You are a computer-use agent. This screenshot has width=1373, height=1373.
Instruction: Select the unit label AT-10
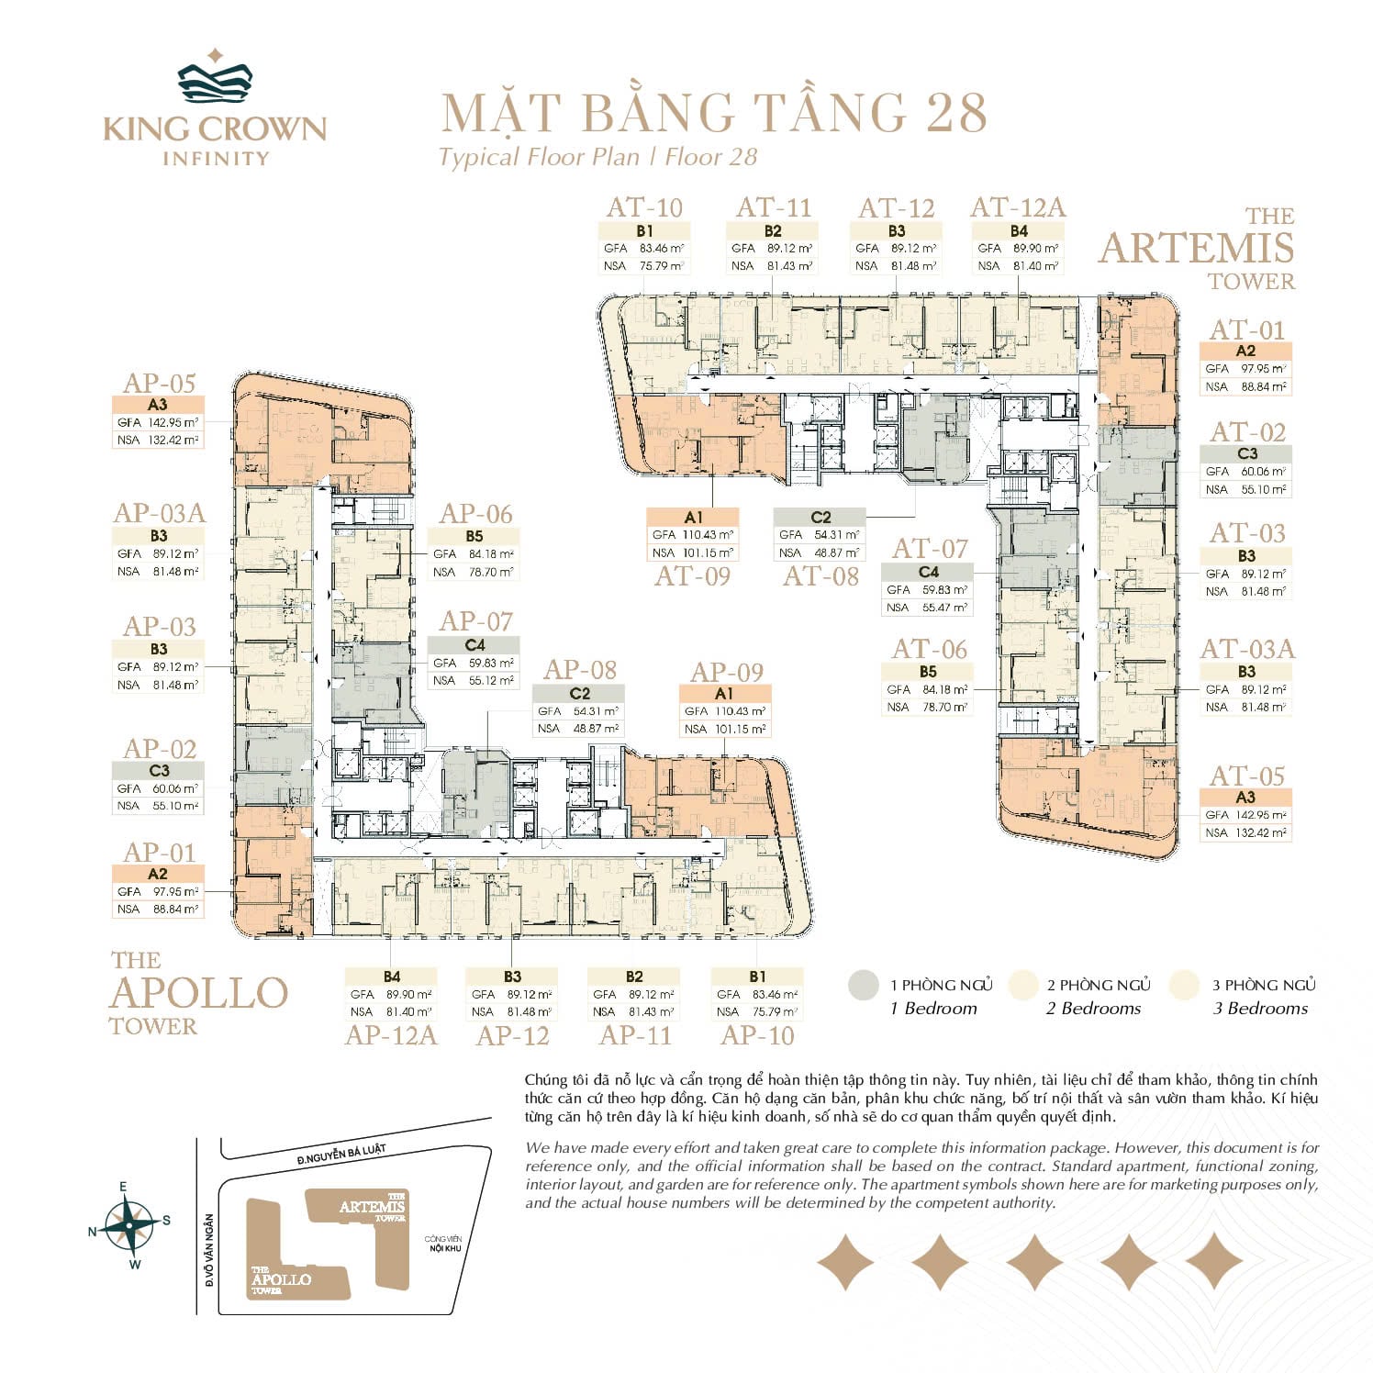tap(644, 208)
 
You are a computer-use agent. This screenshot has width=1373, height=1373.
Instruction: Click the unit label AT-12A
tap(1018, 208)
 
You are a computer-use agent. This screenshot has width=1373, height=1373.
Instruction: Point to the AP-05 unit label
tap(159, 383)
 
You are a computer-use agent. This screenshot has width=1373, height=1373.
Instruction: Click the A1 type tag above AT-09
tap(693, 518)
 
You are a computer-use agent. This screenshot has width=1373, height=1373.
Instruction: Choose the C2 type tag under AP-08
tap(579, 694)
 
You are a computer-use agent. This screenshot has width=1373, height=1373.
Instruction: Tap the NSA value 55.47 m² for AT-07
tap(944, 608)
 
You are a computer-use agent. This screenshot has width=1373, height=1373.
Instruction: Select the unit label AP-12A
tap(391, 1035)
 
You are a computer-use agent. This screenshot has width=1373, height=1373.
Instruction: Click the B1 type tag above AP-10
tap(757, 977)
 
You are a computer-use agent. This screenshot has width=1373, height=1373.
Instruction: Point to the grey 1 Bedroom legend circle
tap(864, 986)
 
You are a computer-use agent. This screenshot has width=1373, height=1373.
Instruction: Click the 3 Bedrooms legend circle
tap(1185, 986)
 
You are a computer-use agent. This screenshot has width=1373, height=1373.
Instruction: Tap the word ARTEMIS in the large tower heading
tap(1197, 249)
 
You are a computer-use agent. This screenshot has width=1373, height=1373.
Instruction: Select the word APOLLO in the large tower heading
tap(198, 993)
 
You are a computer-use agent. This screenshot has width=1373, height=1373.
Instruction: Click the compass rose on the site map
tap(129, 1225)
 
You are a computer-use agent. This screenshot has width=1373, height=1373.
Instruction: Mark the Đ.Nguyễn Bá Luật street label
tap(341, 1155)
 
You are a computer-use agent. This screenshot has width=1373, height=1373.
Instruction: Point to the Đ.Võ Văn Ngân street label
tap(209, 1249)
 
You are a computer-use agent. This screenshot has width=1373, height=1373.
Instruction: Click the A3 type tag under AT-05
tap(1245, 798)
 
